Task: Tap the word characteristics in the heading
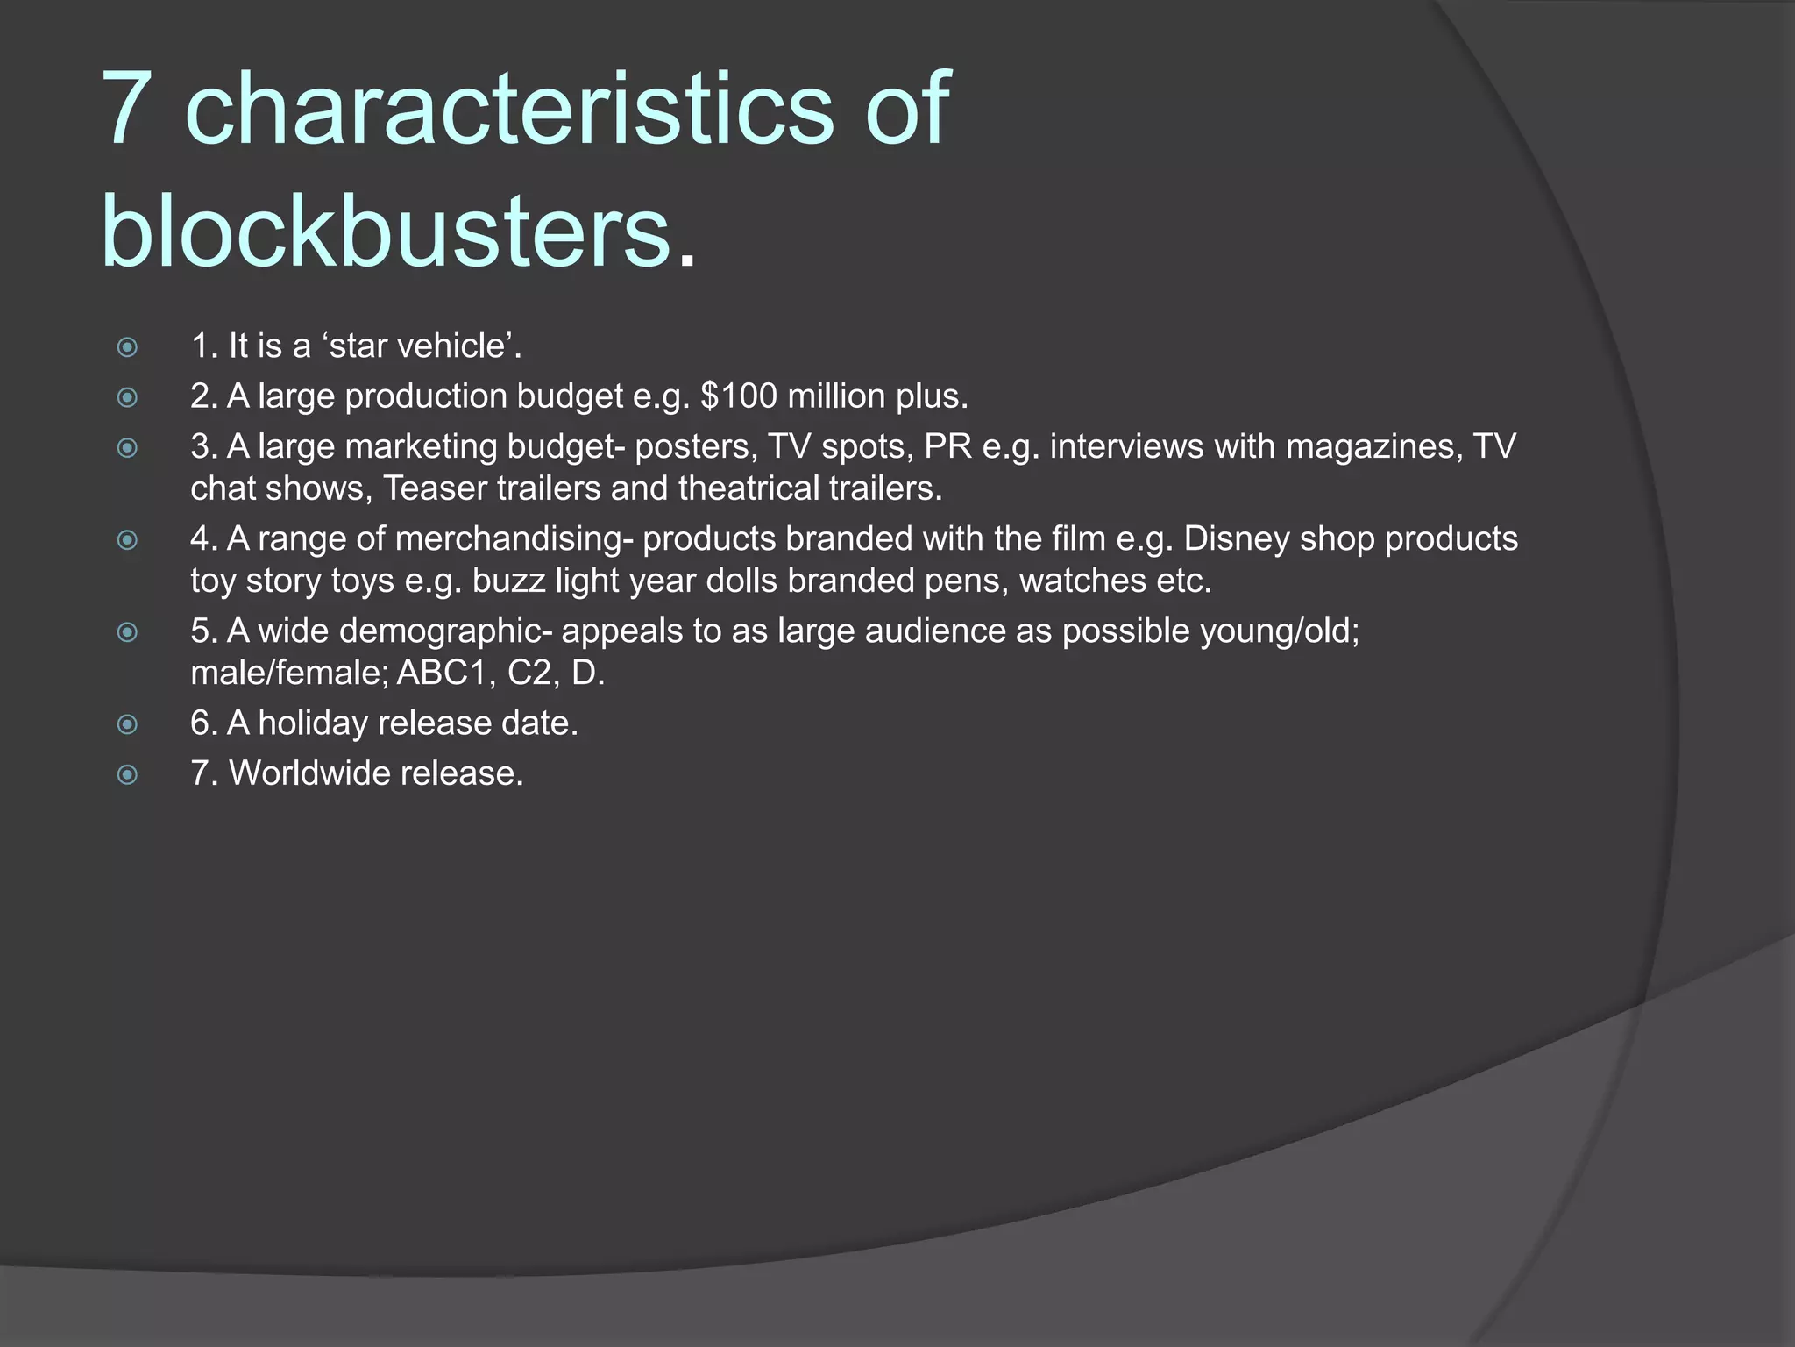pyautogui.click(x=508, y=109)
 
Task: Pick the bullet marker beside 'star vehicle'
pyautogui.click(x=128, y=347)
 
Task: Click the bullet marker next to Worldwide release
pyautogui.click(x=128, y=774)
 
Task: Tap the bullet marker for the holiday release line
pyautogui.click(x=128, y=724)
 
